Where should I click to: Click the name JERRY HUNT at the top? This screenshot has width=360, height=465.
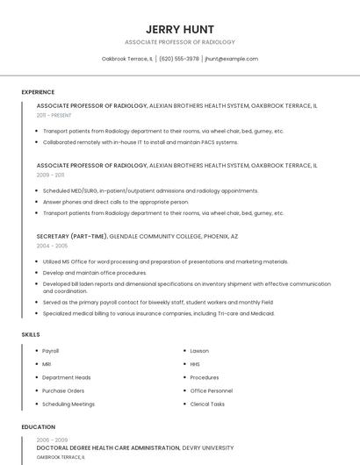click(x=180, y=29)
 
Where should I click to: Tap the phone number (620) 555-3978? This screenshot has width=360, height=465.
click(x=179, y=59)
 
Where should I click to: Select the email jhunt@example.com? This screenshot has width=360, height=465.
click(x=232, y=59)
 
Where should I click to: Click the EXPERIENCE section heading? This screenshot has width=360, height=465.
click(x=38, y=92)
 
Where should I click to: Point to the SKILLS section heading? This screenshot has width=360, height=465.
click(x=31, y=334)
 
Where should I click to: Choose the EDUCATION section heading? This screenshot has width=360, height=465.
click(x=38, y=427)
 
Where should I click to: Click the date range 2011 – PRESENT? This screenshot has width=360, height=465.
click(x=54, y=115)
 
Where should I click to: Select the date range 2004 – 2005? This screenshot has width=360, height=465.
click(x=52, y=246)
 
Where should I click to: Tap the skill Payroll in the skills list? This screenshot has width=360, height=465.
click(x=51, y=351)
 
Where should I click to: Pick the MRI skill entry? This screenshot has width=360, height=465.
click(x=47, y=364)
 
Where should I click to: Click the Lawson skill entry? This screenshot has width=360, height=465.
click(x=199, y=351)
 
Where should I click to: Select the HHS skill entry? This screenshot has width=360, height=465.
click(x=195, y=364)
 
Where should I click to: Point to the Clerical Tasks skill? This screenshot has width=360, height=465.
click(x=207, y=404)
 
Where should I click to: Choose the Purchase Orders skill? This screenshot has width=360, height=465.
click(x=63, y=390)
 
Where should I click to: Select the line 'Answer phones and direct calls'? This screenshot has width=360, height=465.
click(x=116, y=202)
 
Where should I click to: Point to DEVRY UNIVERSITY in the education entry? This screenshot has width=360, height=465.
click(x=208, y=448)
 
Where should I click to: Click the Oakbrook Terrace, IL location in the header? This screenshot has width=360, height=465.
click(x=127, y=59)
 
